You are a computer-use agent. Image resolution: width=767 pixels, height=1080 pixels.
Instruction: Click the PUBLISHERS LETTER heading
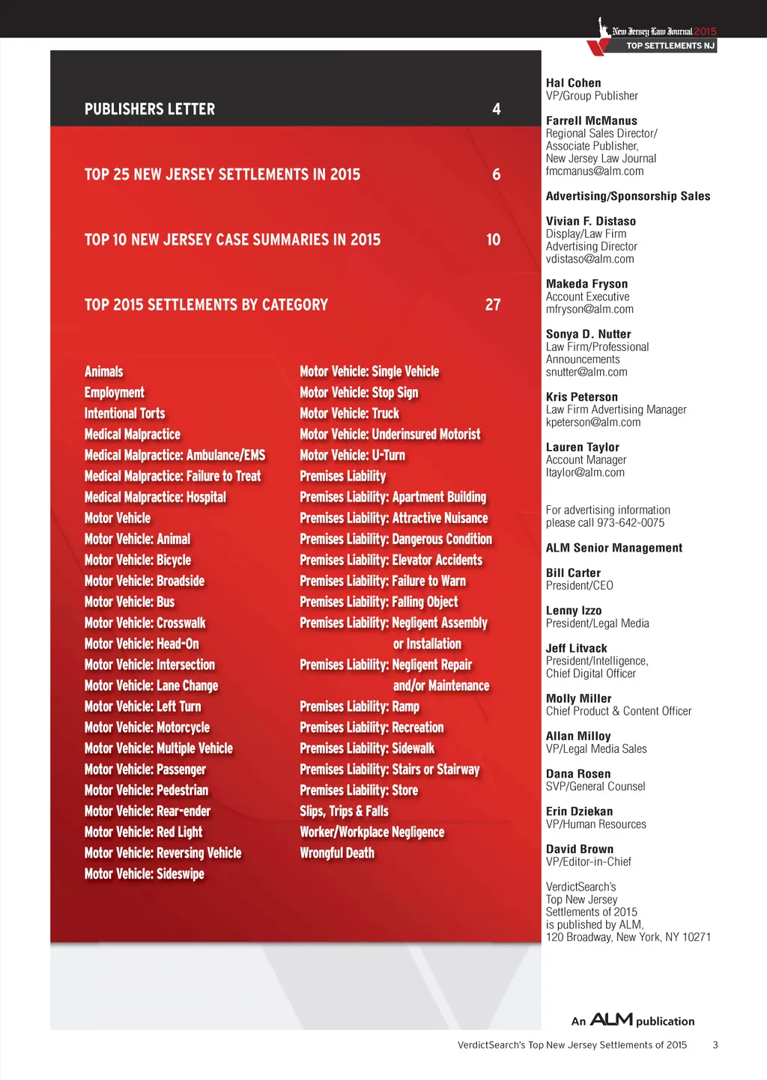pyautogui.click(x=150, y=109)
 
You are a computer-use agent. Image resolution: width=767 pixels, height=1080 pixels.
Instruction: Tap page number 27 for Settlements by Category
pyautogui.click(x=493, y=305)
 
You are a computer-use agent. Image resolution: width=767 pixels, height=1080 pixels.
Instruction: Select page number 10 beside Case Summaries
pyautogui.click(x=493, y=240)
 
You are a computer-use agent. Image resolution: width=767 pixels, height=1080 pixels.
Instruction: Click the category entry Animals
pyautogui.click(x=103, y=372)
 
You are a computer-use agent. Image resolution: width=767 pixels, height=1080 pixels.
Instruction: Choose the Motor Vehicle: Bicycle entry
pyautogui.click(x=138, y=561)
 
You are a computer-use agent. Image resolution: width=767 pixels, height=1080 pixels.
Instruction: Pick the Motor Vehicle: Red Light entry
pyautogui.click(x=143, y=832)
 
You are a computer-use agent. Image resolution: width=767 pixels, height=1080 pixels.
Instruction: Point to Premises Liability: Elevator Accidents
pyautogui.click(x=391, y=561)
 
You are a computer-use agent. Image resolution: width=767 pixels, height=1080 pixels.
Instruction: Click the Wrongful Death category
pyautogui.click(x=337, y=853)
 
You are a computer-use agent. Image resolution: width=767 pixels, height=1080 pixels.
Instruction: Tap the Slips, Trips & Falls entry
pyautogui.click(x=344, y=811)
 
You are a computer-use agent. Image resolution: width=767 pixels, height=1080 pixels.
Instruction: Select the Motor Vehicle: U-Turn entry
pyautogui.click(x=352, y=456)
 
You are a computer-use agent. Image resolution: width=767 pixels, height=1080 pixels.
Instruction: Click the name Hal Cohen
pyautogui.click(x=573, y=83)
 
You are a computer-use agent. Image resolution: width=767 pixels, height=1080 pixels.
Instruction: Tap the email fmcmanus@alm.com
pyautogui.click(x=595, y=171)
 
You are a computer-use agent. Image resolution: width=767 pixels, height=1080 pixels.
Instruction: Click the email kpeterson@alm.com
pyautogui.click(x=593, y=422)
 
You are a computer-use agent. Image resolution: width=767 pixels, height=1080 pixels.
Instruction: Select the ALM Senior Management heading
pyautogui.click(x=614, y=548)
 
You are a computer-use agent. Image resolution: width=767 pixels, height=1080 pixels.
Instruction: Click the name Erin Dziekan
pyautogui.click(x=579, y=811)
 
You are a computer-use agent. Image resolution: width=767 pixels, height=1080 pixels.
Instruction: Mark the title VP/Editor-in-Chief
pyautogui.click(x=589, y=861)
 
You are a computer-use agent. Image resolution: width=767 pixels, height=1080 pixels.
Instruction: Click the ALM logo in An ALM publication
pyautogui.click(x=611, y=1019)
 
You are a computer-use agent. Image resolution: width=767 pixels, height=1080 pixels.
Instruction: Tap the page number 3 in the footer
pyautogui.click(x=715, y=1045)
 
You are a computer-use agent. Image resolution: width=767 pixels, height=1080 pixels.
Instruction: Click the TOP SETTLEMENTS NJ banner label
pyautogui.click(x=670, y=46)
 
